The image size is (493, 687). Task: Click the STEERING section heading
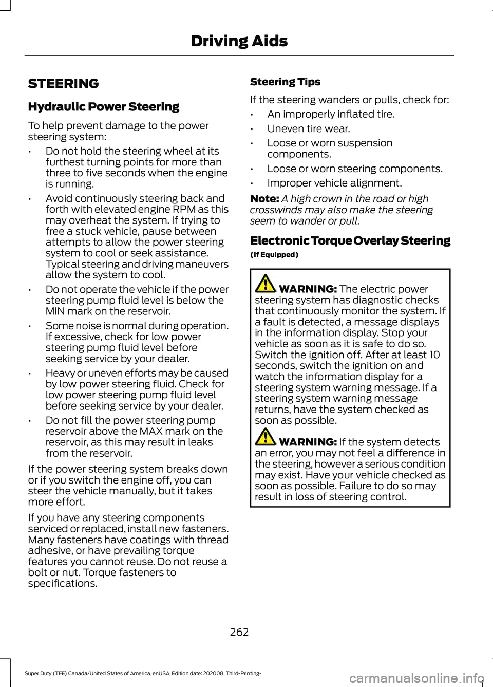pyautogui.click(x=64, y=84)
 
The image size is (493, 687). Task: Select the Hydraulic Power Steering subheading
pyautogui.click(x=104, y=107)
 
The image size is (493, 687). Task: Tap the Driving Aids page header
pyautogui.click(x=239, y=41)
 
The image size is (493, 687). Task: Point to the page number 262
pyautogui.click(x=239, y=632)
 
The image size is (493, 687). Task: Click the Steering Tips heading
pyautogui.click(x=285, y=82)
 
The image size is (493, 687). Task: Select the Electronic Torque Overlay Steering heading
pyautogui.click(x=350, y=241)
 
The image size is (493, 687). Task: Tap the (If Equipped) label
pyautogui.click(x=274, y=255)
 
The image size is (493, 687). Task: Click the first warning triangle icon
pyautogui.click(x=266, y=284)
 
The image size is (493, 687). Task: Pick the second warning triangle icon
pyautogui.click(x=266, y=437)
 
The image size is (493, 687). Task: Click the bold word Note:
pyautogui.click(x=264, y=199)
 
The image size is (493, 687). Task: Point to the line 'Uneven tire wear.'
pyautogui.click(x=308, y=129)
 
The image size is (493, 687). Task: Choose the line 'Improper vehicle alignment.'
pyautogui.click(x=334, y=183)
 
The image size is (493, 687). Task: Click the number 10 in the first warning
pyautogui.click(x=434, y=355)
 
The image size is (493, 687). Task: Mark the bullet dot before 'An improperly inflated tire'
pyautogui.click(x=253, y=115)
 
